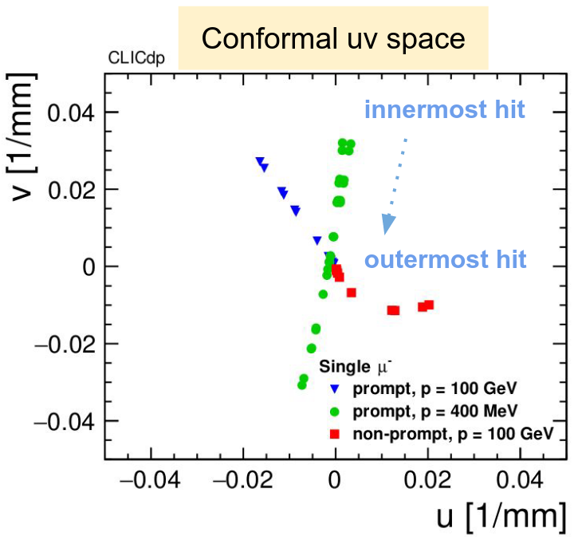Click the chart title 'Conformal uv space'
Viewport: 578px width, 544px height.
coord(332,37)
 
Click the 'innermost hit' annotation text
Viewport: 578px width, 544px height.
coord(444,109)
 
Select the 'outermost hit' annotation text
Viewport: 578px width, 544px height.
coord(445,260)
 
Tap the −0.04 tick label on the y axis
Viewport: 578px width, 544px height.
coord(65,420)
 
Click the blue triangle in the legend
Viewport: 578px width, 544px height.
coord(335,389)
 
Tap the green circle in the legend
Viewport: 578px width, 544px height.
coord(335,412)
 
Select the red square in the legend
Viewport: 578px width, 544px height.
coord(335,434)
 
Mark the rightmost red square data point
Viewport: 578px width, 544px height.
coord(429,305)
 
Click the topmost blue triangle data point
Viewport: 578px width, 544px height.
coord(260,161)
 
